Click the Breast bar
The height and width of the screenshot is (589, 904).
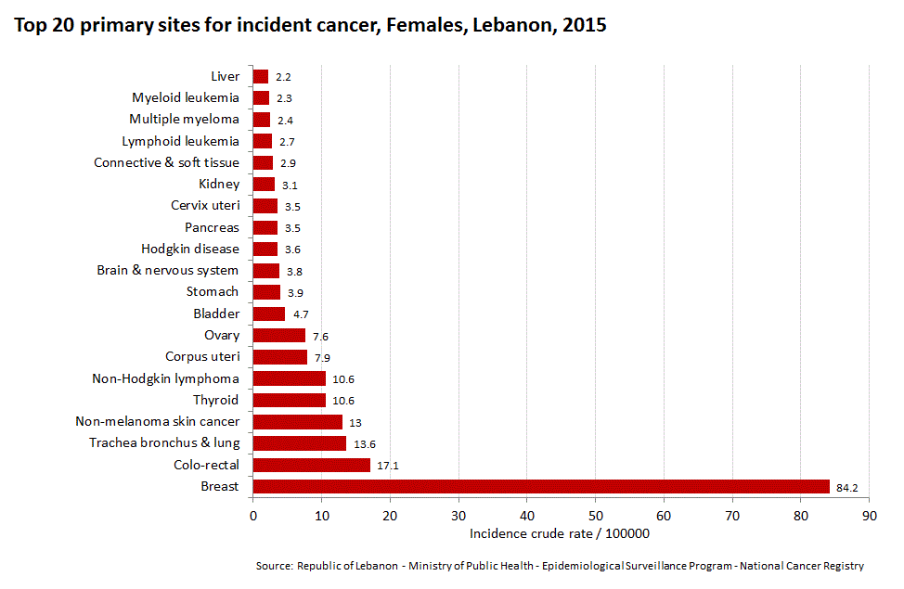coord(540,487)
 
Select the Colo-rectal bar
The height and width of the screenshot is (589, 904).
coord(311,465)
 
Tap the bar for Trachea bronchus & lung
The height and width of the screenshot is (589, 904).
coord(299,443)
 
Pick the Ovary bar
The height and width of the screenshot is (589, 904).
coord(278,336)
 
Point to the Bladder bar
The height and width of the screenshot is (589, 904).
coord(268,314)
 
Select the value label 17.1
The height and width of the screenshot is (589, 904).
coord(388,466)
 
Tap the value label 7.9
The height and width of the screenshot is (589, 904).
coord(322,358)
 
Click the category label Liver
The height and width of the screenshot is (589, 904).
coord(226,76)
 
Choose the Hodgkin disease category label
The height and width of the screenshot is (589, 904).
coord(190,249)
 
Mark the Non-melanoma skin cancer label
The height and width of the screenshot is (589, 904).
coord(157,422)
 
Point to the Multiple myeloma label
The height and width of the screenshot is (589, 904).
coord(184,119)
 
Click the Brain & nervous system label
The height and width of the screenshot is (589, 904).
coord(167,271)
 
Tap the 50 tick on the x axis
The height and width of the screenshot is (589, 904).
coord(595,515)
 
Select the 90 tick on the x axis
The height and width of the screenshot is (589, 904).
coord(869,515)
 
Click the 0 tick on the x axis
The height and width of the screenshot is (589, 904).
coord(252,515)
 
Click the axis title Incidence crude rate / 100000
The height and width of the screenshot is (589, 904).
coord(559,533)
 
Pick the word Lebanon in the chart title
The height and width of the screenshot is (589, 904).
coord(506,25)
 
